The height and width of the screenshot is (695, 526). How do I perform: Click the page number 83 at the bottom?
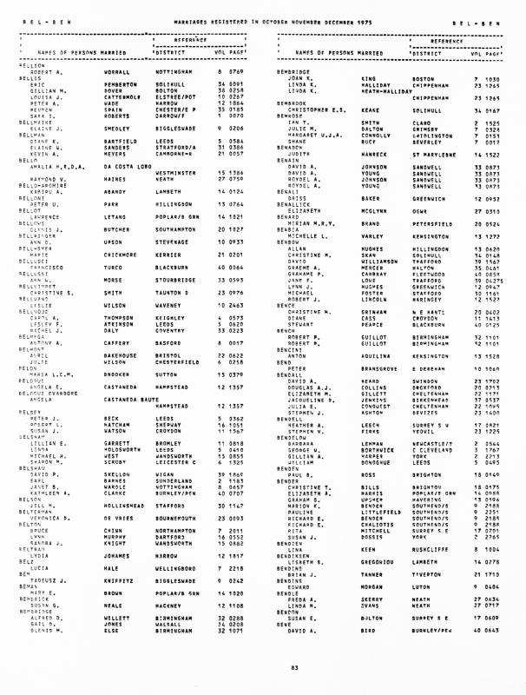[x=263, y=666]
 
